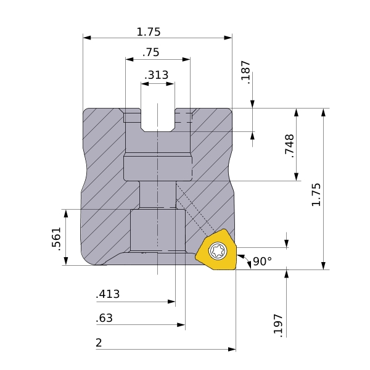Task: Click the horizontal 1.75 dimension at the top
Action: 149,32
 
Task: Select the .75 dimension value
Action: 151,52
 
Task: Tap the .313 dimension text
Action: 156,75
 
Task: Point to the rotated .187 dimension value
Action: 245,72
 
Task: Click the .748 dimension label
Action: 290,146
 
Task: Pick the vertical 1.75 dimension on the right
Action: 316,195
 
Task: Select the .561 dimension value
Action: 56,239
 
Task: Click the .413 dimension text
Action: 108,294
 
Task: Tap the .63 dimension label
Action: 104,318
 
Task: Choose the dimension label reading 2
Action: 99,343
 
